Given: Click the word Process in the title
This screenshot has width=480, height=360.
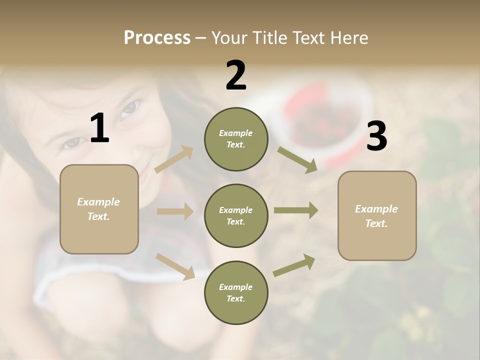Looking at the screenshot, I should [x=157, y=38].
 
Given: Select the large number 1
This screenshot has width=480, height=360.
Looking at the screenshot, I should [x=99, y=128].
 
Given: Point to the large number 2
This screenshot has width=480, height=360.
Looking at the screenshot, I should [x=236, y=75].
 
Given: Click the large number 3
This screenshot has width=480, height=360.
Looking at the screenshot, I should [x=376, y=136].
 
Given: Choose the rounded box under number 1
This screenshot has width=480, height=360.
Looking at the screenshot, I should [x=99, y=209].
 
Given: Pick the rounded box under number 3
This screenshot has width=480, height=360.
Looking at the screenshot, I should [x=377, y=215].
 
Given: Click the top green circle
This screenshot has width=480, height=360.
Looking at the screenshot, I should [x=236, y=139].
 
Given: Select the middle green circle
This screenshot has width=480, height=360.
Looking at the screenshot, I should [x=236, y=215].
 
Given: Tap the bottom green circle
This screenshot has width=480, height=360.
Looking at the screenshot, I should [x=236, y=292].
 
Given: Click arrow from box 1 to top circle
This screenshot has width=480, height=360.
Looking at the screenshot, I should [x=174, y=159].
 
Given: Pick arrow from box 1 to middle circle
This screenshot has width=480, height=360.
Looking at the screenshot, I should [x=175, y=211].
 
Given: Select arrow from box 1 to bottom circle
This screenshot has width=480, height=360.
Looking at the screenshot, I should [x=175, y=266].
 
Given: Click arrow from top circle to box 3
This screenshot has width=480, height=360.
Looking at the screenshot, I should [x=297, y=159].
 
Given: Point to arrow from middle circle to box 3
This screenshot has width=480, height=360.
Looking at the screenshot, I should [x=295, y=210].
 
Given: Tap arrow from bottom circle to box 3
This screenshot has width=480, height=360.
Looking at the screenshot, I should [x=294, y=265].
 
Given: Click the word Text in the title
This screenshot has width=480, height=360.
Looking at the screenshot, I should [x=309, y=38].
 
